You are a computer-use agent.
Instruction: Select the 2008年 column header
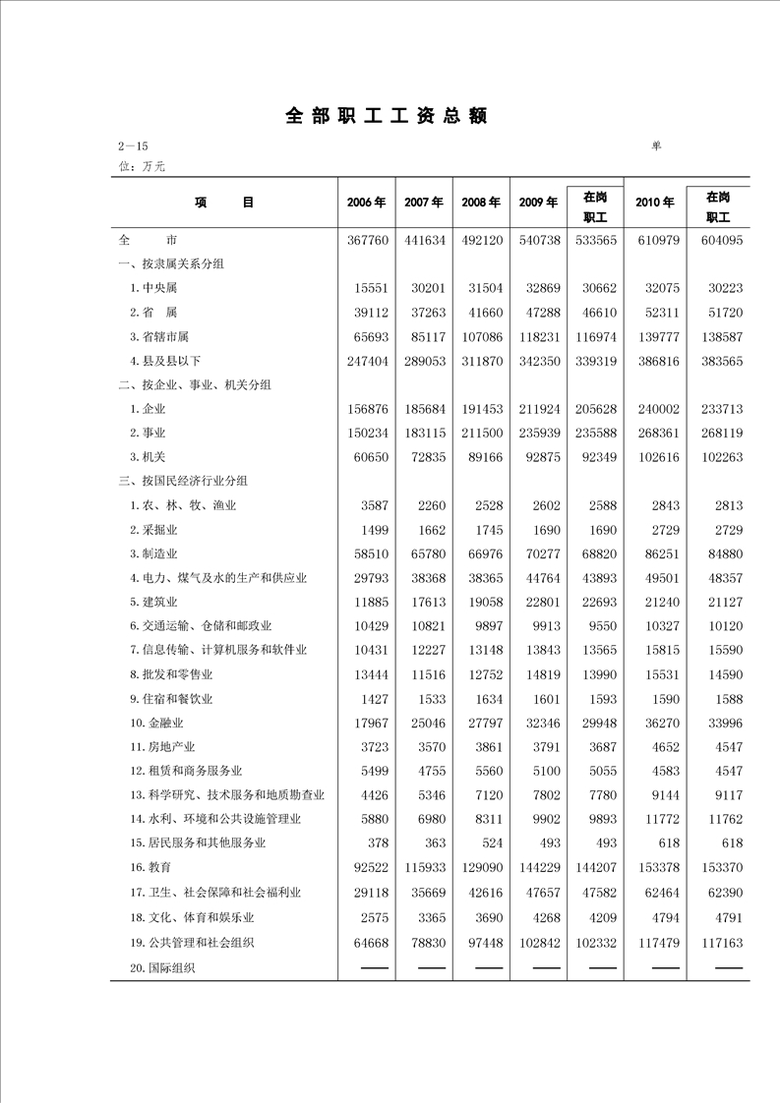click(x=481, y=203)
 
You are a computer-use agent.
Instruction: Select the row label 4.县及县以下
click(x=164, y=361)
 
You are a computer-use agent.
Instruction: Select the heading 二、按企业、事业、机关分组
click(x=195, y=384)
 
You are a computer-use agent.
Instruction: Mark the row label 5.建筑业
click(x=153, y=603)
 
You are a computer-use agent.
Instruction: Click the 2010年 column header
click(x=654, y=203)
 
